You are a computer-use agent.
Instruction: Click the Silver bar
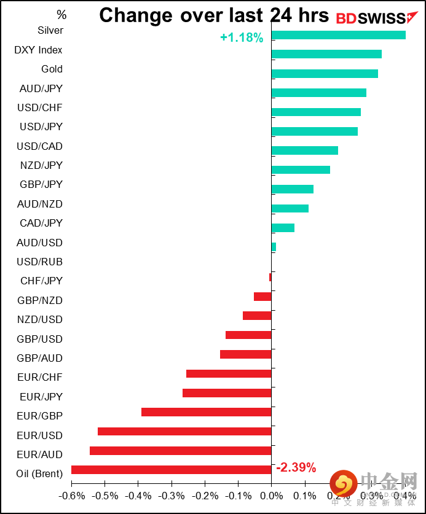click(338, 35)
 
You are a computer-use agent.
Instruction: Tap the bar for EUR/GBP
click(206, 412)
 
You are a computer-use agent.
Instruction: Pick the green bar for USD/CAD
click(304, 150)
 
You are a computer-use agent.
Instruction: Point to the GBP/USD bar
click(248, 335)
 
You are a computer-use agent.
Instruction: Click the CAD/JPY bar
click(283, 228)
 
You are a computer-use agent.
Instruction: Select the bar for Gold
click(325, 74)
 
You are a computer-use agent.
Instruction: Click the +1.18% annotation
click(242, 38)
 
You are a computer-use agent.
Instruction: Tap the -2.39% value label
click(296, 468)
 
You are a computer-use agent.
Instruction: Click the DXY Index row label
click(38, 50)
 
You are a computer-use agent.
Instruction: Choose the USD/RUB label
click(41, 262)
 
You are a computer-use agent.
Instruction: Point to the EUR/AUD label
click(41, 454)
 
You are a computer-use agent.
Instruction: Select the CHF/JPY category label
click(41, 281)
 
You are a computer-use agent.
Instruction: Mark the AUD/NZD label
click(41, 204)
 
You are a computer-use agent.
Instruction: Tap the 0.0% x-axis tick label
click(270, 496)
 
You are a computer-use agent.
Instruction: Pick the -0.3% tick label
click(171, 496)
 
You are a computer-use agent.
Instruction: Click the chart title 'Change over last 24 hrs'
click(214, 15)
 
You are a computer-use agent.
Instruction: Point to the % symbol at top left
click(61, 14)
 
